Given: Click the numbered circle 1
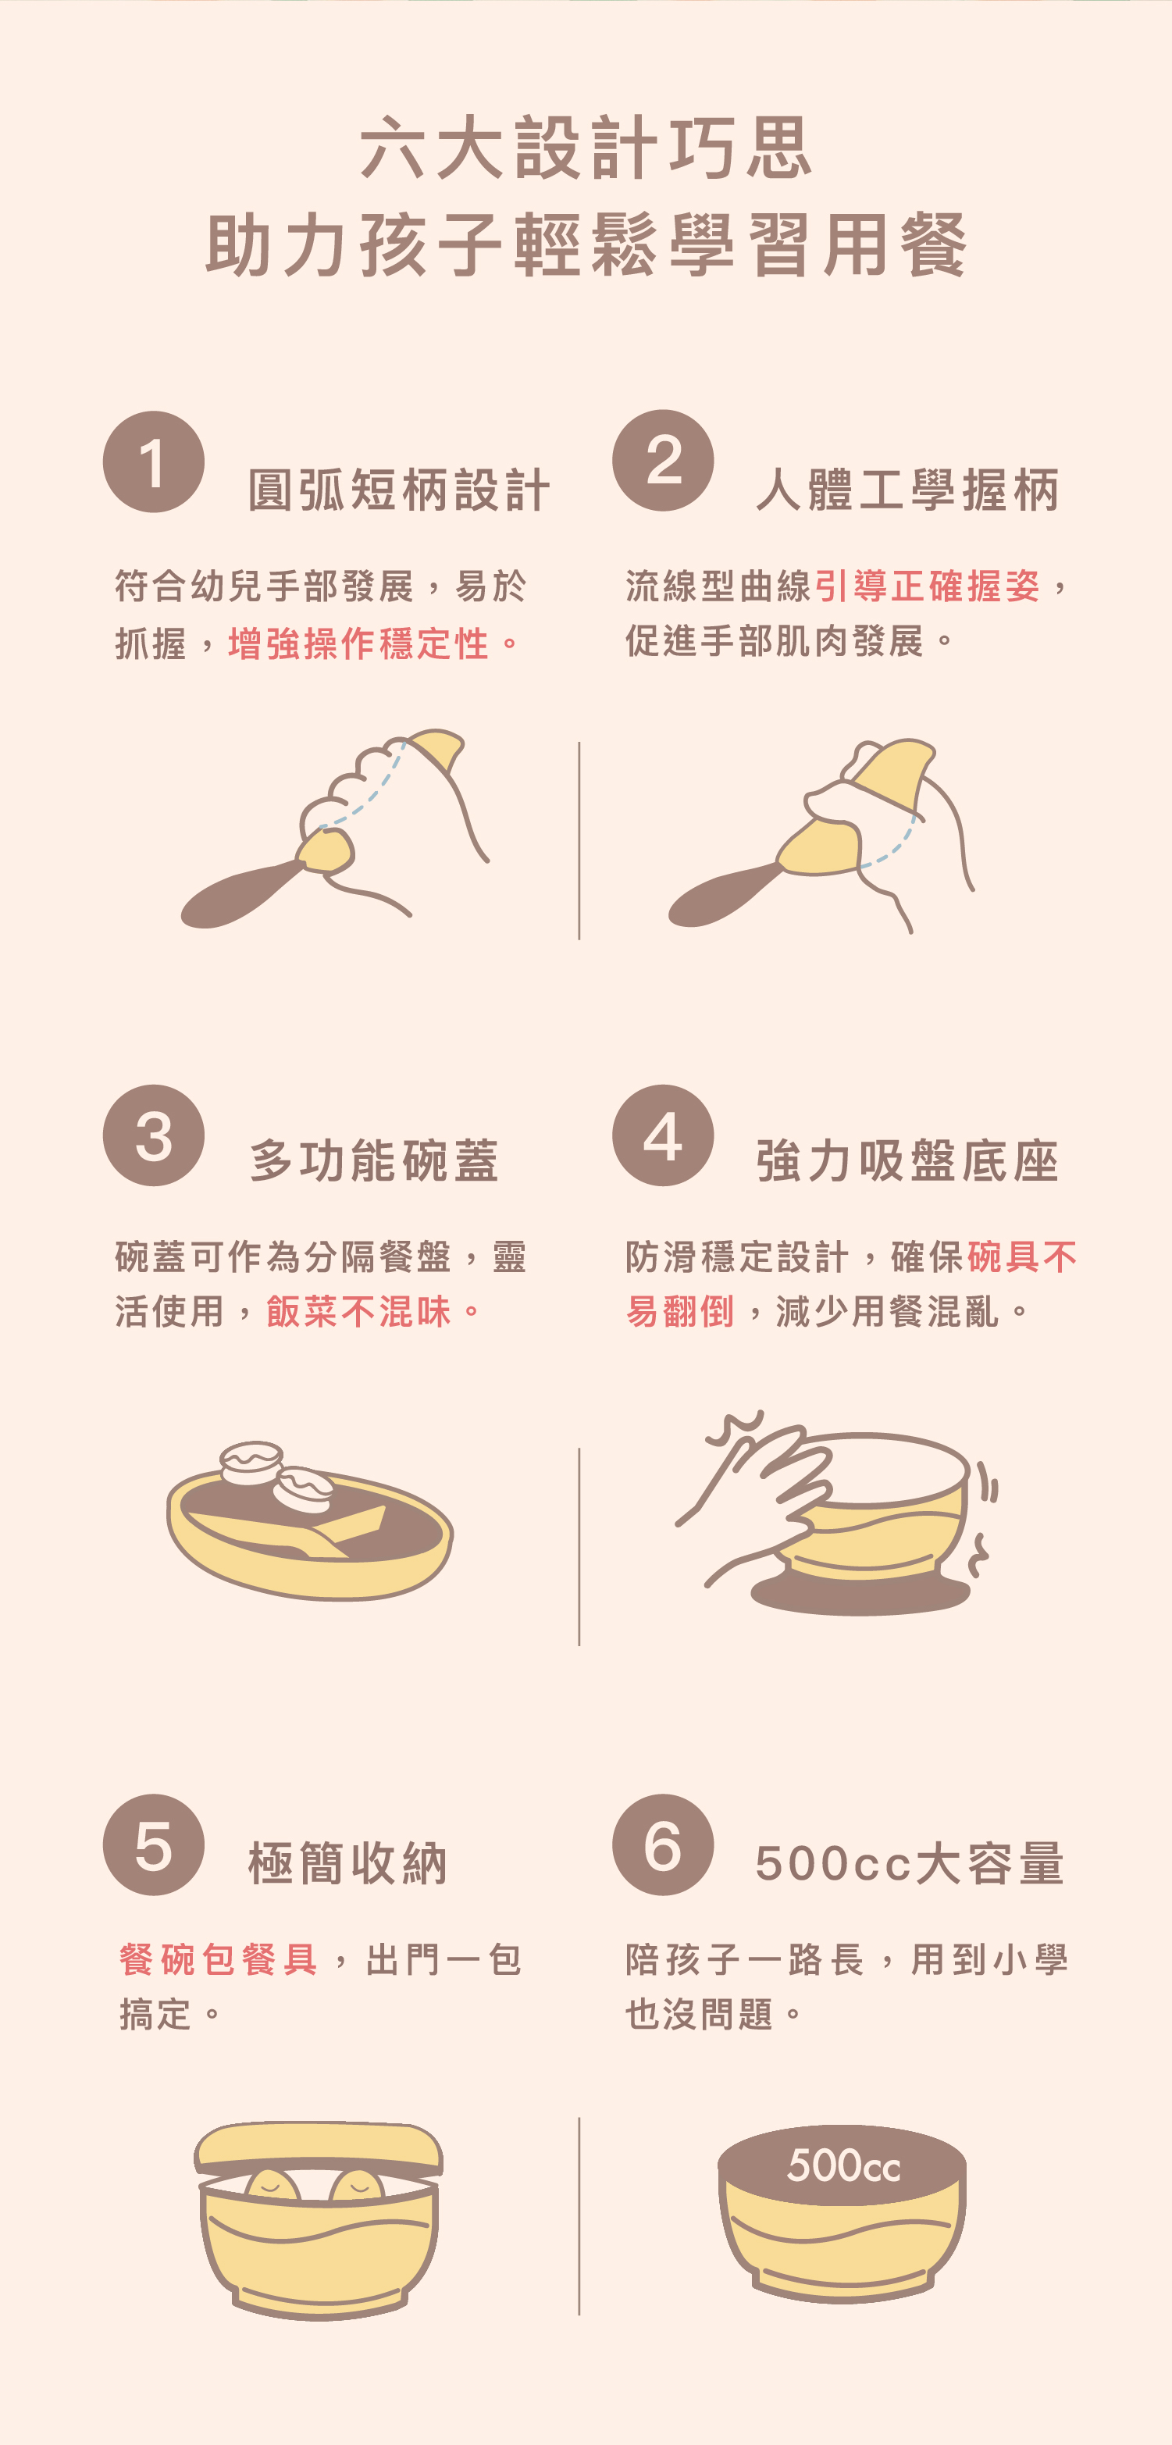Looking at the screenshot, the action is point(154,462).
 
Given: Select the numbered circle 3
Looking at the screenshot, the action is point(154,1135).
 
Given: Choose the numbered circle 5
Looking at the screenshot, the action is point(154,1844).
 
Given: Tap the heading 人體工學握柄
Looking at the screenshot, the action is point(908,490).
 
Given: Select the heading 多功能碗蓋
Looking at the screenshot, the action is point(374,1160).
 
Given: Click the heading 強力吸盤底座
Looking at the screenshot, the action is point(908,1160).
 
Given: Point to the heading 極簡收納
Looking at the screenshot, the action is point(347,1862).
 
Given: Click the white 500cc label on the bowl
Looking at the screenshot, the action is point(843,2165).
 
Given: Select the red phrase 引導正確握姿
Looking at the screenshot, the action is point(927,586).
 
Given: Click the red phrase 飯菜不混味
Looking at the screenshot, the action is point(358,1311).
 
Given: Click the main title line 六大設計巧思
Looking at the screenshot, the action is point(586,148).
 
